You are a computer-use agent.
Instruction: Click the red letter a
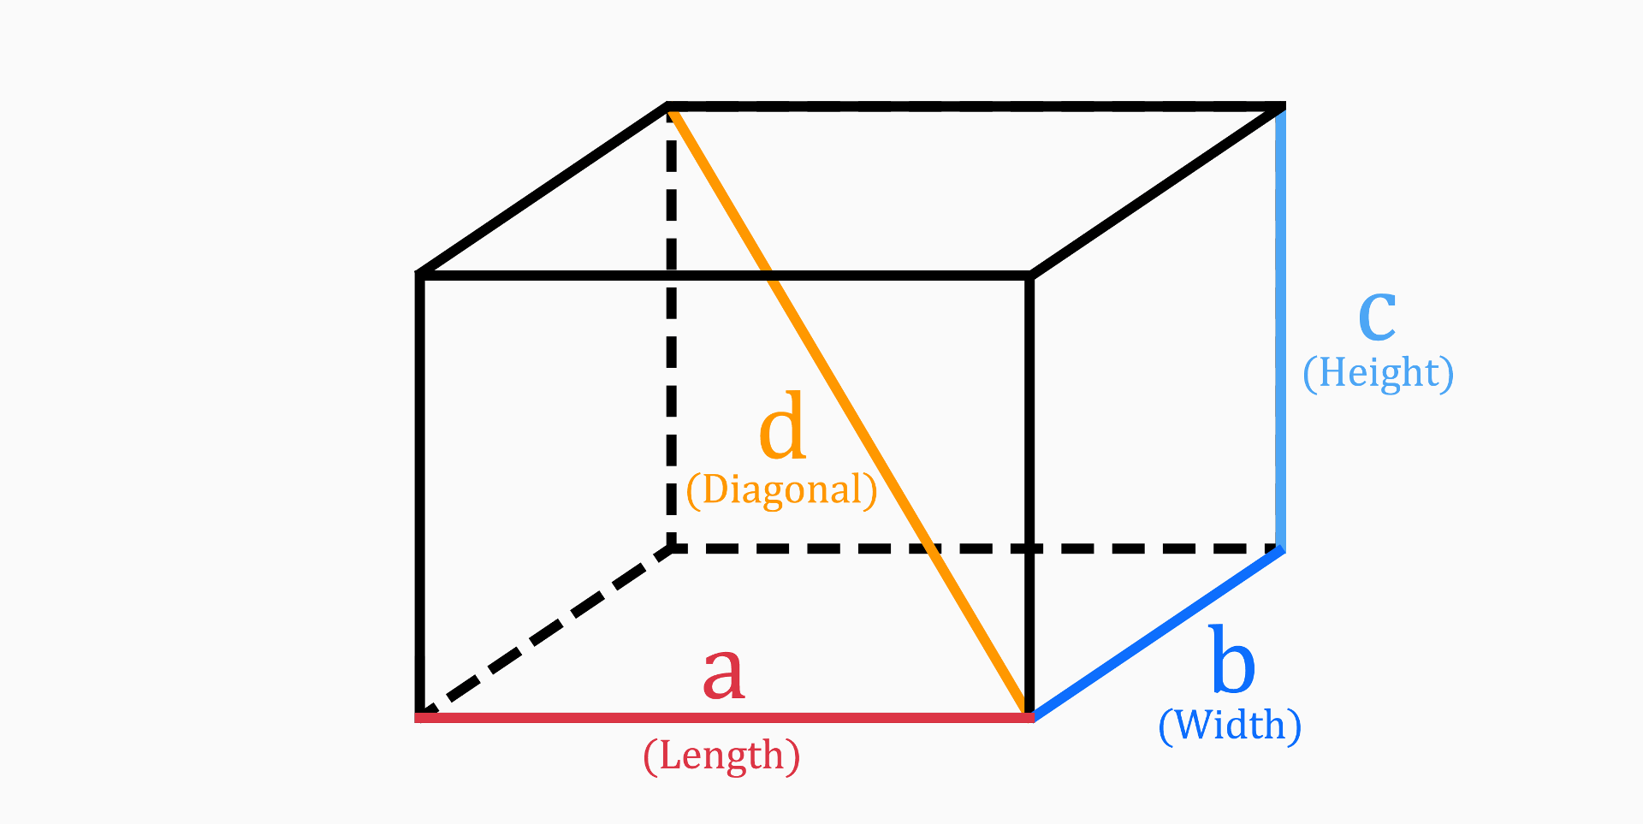[x=723, y=674]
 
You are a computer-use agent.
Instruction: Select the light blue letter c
[x=1377, y=315]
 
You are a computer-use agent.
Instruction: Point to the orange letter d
[x=782, y=426]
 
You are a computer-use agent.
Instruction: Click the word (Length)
[x=721, y=756]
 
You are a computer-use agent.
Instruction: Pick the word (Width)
[x=1230, y=726]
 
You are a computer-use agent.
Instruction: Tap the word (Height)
[x=1378, y=373]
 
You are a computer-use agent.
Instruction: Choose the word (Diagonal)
[x=782, y=490]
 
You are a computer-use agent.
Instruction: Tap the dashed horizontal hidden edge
[x=1112, y=548]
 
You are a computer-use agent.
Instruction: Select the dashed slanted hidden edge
[x=548, y=631]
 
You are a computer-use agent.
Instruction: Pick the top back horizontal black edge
[x=976, y=107]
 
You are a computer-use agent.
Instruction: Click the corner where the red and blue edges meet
[x=1030, y=715]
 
